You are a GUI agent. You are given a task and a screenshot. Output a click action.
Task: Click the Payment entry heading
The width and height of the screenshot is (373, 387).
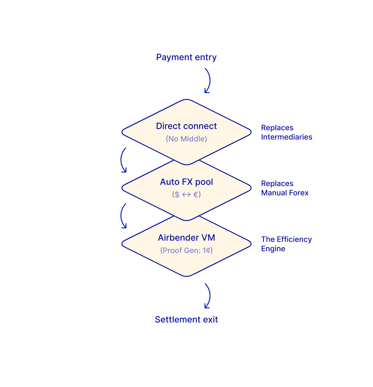(x=186, y=57)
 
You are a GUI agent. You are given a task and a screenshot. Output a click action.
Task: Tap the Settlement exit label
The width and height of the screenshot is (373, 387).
(x=186, y=319)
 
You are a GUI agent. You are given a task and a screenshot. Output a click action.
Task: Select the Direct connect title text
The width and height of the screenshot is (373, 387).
(x=186, y=126)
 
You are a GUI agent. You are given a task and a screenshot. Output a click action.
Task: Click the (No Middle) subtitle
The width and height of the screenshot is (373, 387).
(x=186, y=139)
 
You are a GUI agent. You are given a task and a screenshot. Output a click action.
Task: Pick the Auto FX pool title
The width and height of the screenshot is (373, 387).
(x=186, y=182)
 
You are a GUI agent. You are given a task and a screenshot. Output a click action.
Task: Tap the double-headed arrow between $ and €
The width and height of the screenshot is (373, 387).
(x=186, y=195)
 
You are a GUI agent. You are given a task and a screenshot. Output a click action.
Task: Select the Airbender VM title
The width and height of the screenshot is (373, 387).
(x=186, y=238)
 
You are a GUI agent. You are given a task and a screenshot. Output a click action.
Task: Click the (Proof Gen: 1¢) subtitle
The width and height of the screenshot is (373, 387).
(x=186, y=250)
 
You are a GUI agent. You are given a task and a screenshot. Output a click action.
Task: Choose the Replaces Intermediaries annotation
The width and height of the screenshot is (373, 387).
(x=286, y=132)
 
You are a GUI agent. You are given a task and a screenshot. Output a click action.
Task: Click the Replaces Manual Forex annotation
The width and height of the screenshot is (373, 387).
(x=284, y=188)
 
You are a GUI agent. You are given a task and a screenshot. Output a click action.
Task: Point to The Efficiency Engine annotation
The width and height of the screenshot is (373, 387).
(x=286, y=244)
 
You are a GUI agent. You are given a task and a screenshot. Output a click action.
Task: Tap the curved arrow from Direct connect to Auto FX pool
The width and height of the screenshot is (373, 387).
(x=123, y=160)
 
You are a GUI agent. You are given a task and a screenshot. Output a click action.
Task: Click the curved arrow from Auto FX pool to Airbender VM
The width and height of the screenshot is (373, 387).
(x=123, y=216)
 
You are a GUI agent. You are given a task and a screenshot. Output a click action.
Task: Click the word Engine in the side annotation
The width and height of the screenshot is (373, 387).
(x=273, y=249)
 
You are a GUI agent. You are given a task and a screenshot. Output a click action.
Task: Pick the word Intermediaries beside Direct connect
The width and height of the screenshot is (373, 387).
(x=286, y=137)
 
